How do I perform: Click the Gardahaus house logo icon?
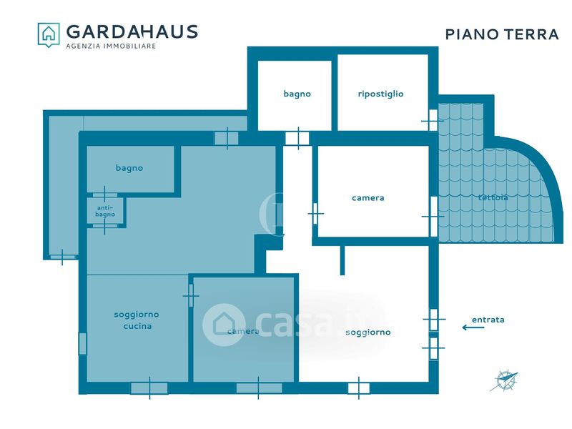pyautogui.click(x=49, y=34)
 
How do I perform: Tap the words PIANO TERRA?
pyautogui.click(x=502, y=34)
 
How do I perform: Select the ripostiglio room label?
pyautogui.click(x=380, y=94)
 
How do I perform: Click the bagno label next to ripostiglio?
pyautogui.click(x=297, y=94)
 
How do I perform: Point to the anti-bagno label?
pyautogui.click(x=105, y=211)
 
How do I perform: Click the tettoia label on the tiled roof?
pyautogui.click(x=493, y=197)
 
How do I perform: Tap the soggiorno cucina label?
pyautogui.click(x=137, y=320)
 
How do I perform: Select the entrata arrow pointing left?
pyautogui.click(x=473, y=327)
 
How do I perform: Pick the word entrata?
pyautogui.click(x=488, y=320)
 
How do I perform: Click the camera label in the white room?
pyautogui.click(x=368, y=198)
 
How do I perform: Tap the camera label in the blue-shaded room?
pyautogui.click(x=243, y=331)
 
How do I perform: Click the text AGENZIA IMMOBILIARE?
pyautogui.click(x=111, y=46)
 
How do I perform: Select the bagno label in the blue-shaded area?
pyautogui.click(x=129, y=168)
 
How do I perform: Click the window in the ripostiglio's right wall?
pyautogui.click(x=433, y=120)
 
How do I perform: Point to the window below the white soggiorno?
pyautogui.click(x=359, y=388)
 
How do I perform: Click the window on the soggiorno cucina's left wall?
pyautogui.click(x=83, y=344)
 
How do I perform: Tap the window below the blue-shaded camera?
pyautogui.click(x=259, y=388)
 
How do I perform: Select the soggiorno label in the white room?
pyautogui.click(x=368, y=332)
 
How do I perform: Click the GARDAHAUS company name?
pyautogui.click(x=132, y=31)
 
